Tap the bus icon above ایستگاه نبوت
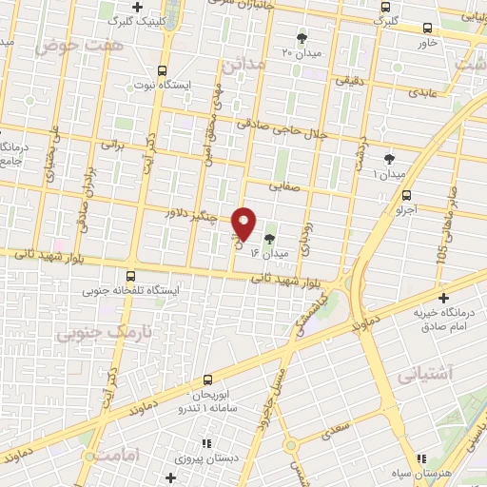point(163,70)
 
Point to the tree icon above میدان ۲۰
point(302,38)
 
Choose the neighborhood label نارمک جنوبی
point(90,334)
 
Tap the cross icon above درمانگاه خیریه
point(443,299)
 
